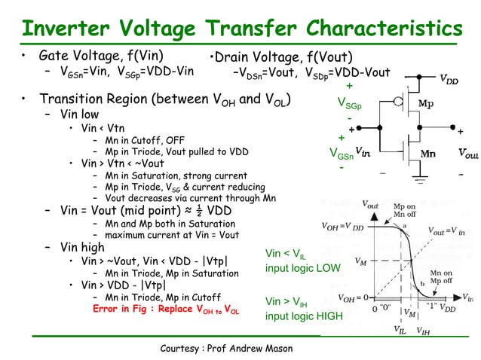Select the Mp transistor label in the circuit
(425, 103)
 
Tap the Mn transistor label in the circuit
(427, 154)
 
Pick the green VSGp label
(349, 103)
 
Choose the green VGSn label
(343, 154)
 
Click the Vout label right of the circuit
(467, 154)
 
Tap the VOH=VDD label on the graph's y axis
(343, 225)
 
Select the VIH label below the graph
(424, 329)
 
